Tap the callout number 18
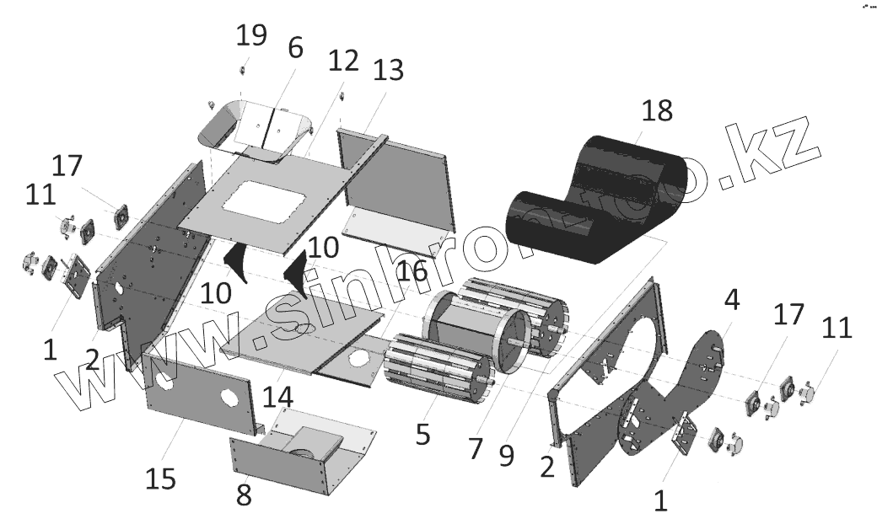point(657,110)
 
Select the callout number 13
point(389,71)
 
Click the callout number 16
point(413,272)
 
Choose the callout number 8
point(244,495)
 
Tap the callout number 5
point(422,434)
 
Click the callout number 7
point(476,447)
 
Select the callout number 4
point(732,298)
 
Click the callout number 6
point(294,47)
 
